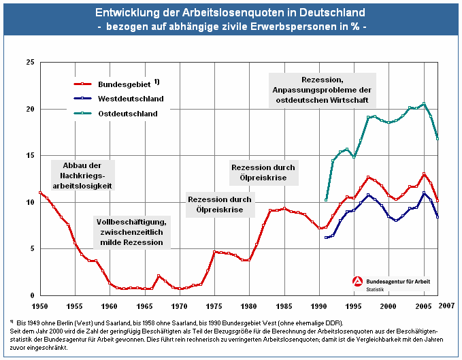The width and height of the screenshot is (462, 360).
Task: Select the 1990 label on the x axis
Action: (318, 306)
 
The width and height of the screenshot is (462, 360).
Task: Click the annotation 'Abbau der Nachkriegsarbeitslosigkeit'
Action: (82, 175)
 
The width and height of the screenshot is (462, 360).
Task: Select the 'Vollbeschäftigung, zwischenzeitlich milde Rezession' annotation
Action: (130, 232)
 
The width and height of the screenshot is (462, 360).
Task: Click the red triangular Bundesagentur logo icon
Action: (357, 282)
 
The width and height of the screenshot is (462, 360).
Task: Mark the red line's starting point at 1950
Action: (39, 193)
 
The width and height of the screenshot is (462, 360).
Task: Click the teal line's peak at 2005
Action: (424, 104)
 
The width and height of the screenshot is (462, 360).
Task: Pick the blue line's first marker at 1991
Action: (326, 238)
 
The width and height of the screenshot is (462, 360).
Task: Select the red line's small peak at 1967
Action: (159, 276)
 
